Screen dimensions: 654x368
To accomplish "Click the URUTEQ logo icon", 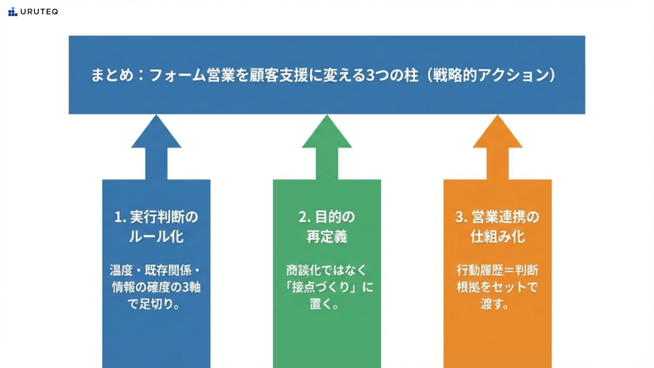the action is pos(13,12).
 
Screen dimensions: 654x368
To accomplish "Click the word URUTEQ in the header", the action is pos(39,12).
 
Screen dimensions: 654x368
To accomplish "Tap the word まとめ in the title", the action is pos(112,75).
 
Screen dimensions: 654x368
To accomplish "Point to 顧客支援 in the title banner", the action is pos(279,75).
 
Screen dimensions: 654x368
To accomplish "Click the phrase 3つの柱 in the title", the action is pos(392,75).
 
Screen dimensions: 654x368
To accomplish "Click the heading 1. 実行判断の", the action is pos(156,217).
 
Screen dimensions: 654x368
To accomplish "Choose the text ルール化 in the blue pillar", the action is pos(156,236).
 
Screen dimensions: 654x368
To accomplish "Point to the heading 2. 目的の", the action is pos(327,217).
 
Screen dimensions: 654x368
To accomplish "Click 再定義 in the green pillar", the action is pos(327,236).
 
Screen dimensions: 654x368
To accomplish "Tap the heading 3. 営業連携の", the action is pos(498,217).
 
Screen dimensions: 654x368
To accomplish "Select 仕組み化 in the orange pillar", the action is pos(498,236).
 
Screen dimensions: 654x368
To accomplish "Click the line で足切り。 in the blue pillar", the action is pos(154,304).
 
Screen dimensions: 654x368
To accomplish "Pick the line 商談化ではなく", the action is pos(326,270).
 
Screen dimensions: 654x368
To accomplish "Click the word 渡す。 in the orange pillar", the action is pos(495,304).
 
